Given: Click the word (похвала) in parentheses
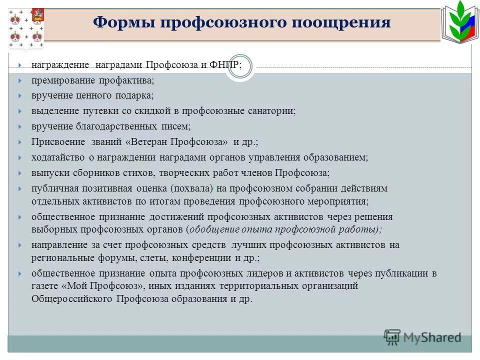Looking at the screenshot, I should pos(194,188).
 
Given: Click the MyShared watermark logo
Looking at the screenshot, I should pos(422,337).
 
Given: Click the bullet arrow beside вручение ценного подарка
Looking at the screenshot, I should pos(19,95).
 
